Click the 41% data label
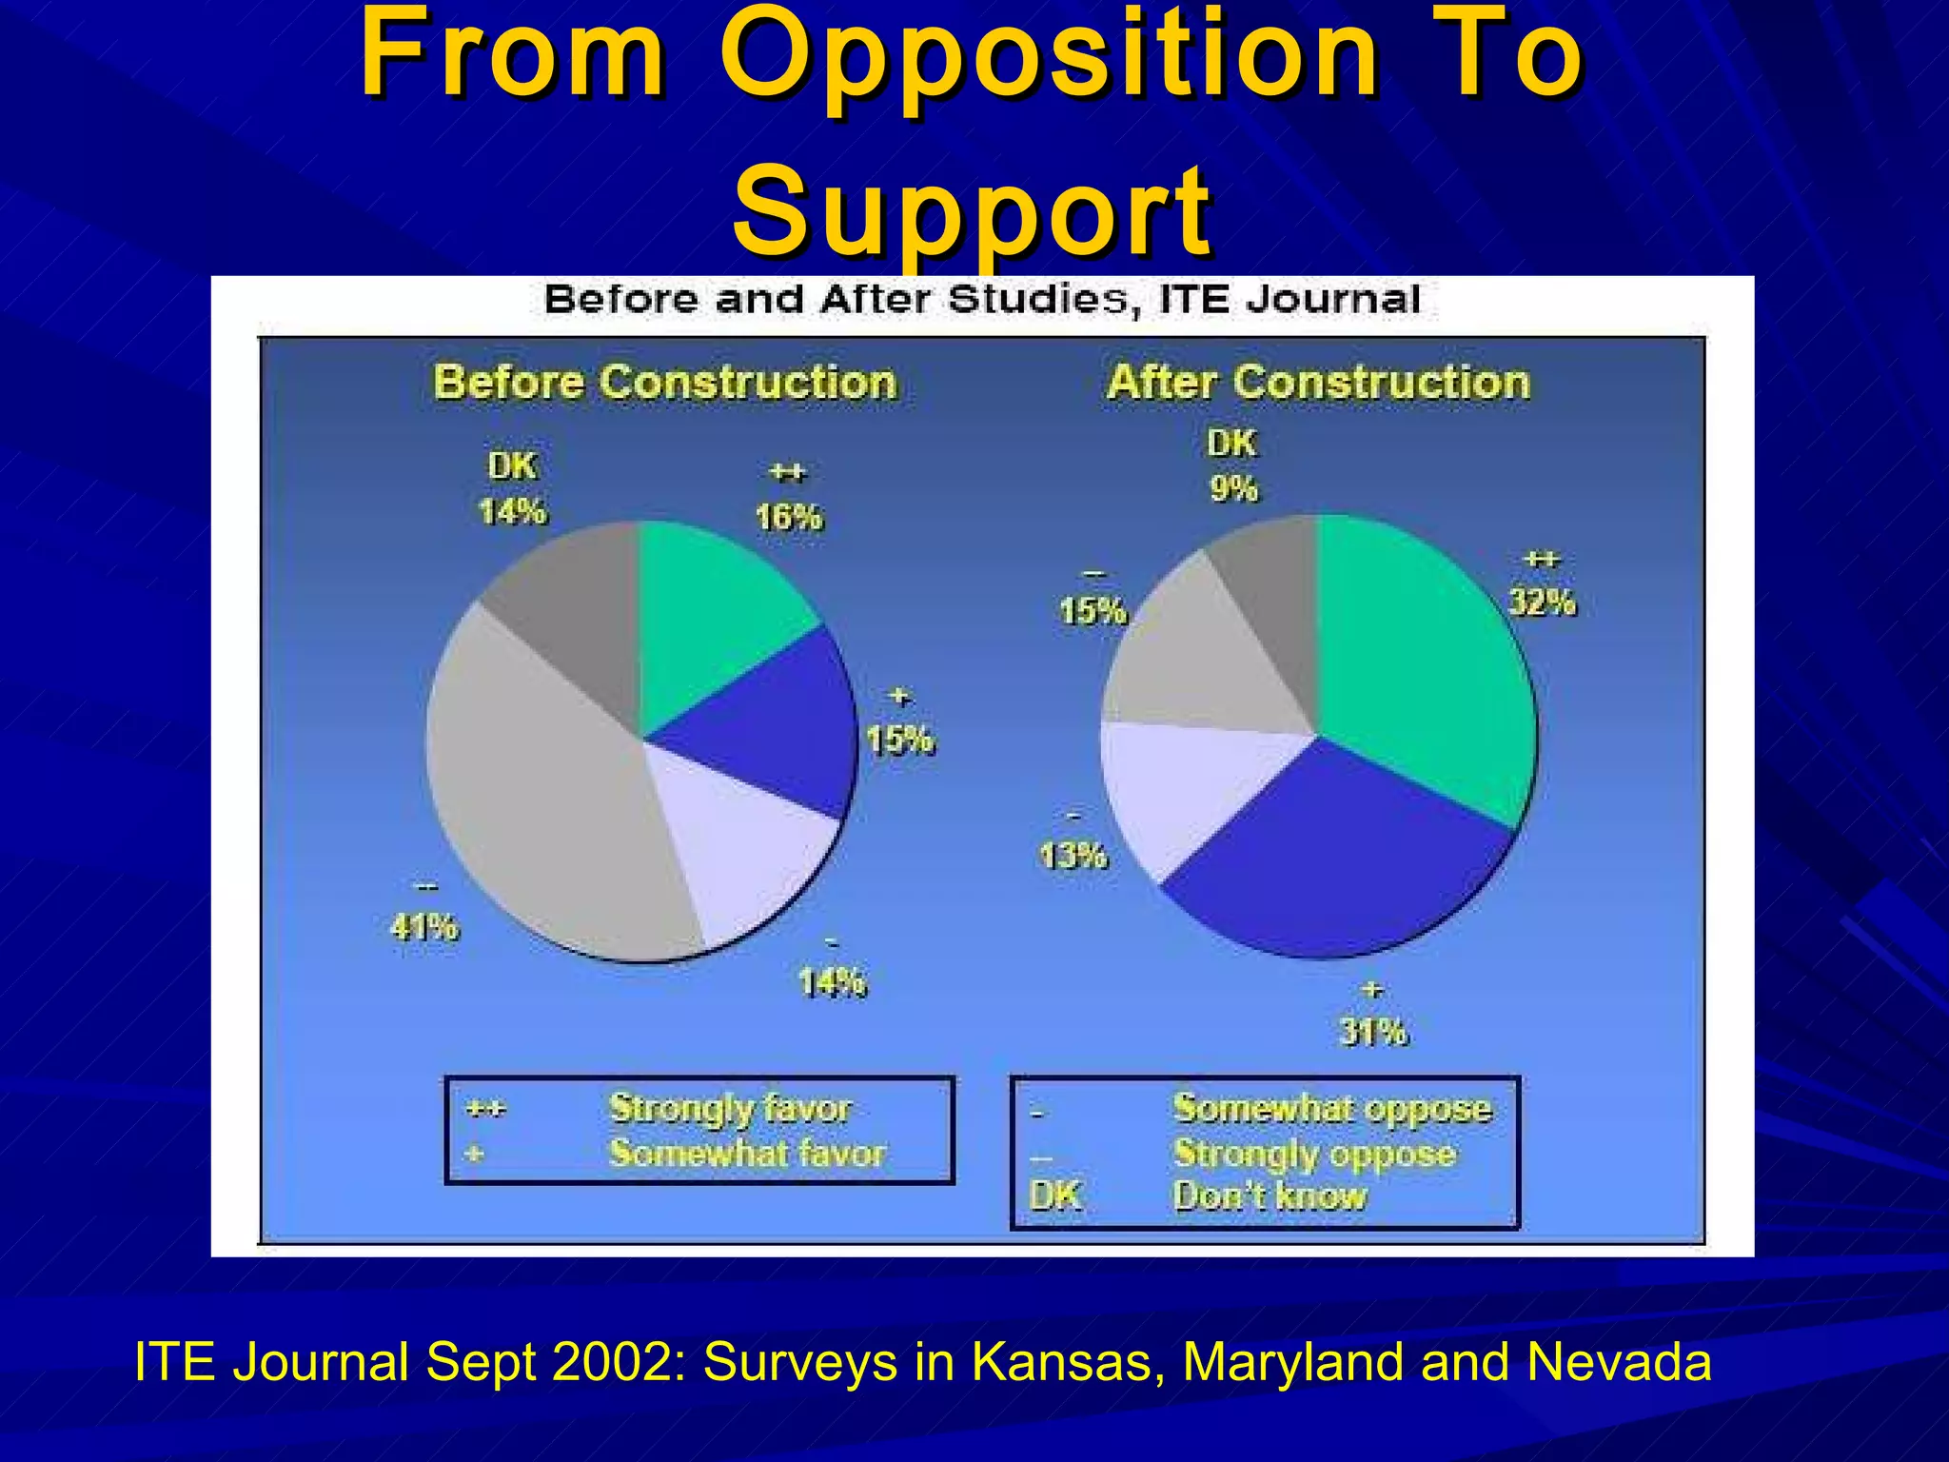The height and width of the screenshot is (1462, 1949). [424, 925]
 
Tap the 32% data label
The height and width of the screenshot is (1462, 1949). [1543, 602]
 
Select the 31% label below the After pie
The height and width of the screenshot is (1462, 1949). [1372, 1032]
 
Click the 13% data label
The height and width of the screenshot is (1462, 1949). [1073, 856]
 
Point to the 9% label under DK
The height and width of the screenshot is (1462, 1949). [1233, 488]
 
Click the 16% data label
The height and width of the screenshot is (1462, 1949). [788, 517]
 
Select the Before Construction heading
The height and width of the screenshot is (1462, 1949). [664, 382]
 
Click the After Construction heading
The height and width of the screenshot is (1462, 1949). [1318, 382]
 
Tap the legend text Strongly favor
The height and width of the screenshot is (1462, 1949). [730, 1108]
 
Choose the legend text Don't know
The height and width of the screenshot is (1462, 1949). [1270, 1195]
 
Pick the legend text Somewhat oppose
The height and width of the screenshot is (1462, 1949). [1332, 1108]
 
